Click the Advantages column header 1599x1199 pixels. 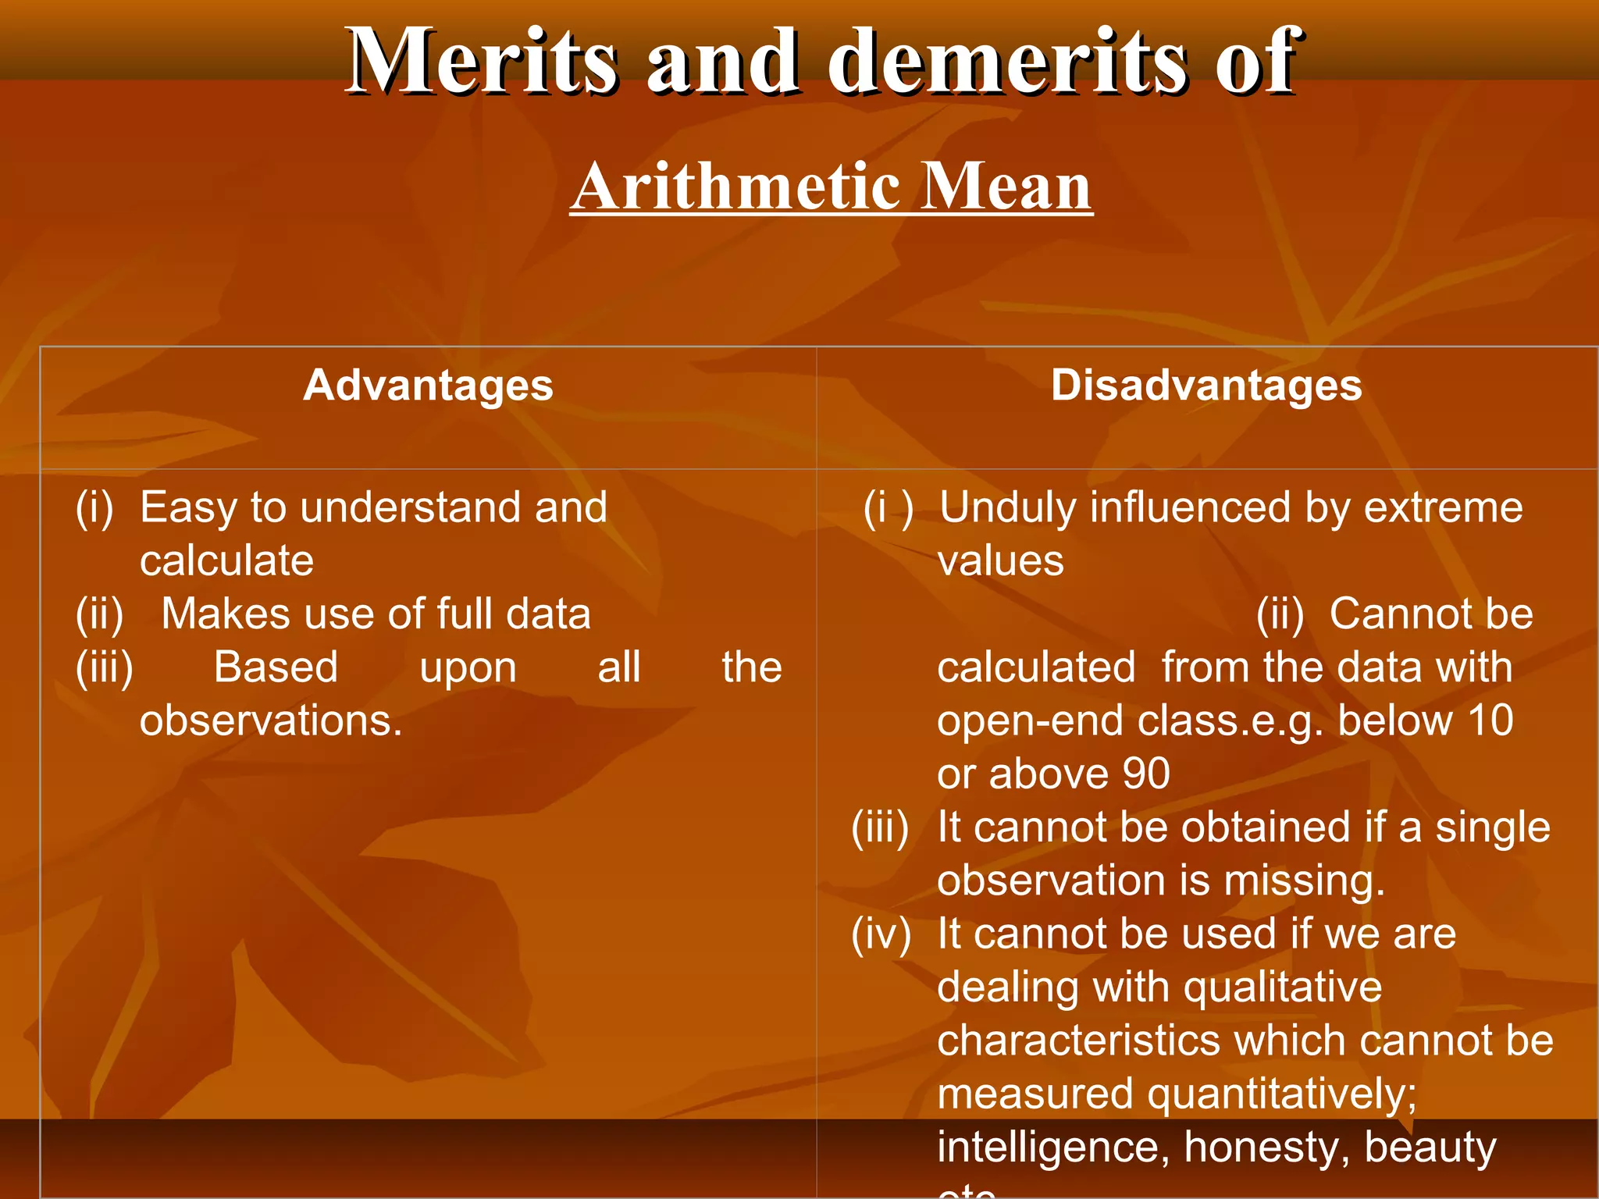[x=428, y=385]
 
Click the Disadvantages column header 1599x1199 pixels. [x=1206, y=385]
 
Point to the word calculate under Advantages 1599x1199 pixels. [x=226, y=560]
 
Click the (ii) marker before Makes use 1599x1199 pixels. [x=100, y=614]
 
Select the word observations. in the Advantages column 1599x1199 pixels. [x=271, y=720]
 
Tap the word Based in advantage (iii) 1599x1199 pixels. [x=276, y=667]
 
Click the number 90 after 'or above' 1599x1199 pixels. [x=1145, y=774]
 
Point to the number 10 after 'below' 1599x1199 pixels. [x=1490, y=720]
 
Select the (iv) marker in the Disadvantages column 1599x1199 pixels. [x=881, y=934]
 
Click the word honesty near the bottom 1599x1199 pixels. [x=1265, y=1147]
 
